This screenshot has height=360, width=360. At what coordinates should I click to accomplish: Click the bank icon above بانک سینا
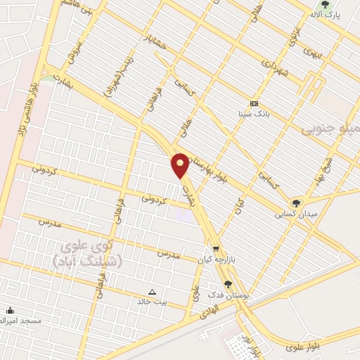[x=254, y=103]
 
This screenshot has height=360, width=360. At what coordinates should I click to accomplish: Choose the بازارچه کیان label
[x=215, y=259]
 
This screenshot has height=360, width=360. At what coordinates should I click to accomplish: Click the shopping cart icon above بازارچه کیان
[x=215, y=249]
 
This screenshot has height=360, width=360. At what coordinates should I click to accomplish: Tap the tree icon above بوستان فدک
[x=227, y=284]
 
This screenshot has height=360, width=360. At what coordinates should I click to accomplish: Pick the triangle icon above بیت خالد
[x=152, y=291]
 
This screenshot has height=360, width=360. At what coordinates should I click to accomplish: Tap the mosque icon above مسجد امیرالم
[x=10, y=311]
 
